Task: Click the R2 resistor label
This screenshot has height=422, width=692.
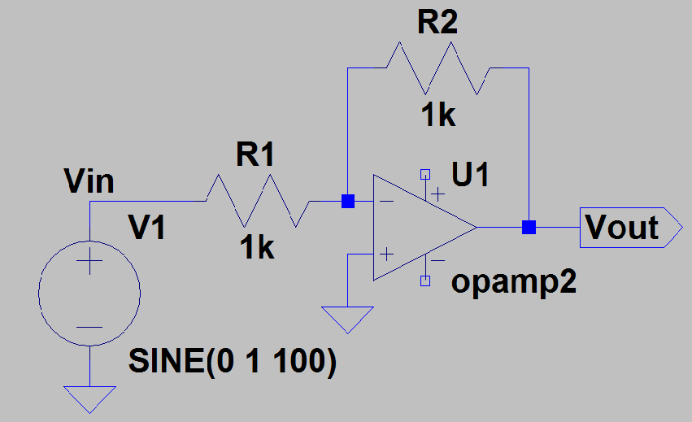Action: [x=437, y=23]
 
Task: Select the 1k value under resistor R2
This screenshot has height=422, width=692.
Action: [x=437, y=115]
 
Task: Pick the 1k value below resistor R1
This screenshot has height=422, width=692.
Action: [x=256, y=247]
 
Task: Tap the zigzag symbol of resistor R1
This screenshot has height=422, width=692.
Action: [x=257, y=201]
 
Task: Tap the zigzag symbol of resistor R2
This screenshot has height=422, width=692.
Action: [x=437, y=68]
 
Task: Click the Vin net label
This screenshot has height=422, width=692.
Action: [x=89, y=181]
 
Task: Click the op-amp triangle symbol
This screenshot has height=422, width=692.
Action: [x=419, y=228]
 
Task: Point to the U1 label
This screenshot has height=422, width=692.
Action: [x=471, y=174]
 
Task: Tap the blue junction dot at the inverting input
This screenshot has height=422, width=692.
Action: [x=347, y=201]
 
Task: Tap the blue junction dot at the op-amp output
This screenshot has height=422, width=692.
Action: [x=529, y=227]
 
